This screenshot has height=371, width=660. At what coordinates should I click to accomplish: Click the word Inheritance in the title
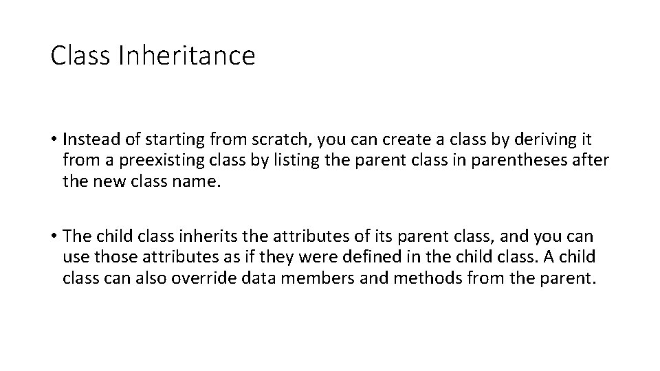click(x=186, y=56)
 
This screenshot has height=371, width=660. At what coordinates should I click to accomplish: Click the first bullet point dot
click(x=54, y=139)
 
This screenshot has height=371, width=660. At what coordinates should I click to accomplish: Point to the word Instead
click(x=86, y=139)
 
